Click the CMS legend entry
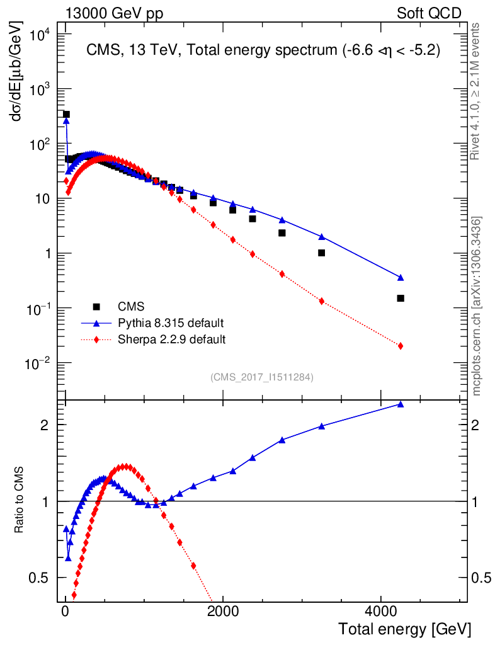click(131, 307)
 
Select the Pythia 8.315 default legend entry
click(171, 323)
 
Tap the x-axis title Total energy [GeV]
click(404, 629)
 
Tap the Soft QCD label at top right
click(429, 13)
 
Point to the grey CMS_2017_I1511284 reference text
click(262, 377)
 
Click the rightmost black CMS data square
click(401, 298)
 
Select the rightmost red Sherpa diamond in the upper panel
click(401, 346)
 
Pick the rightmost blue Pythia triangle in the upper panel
click(401, 277)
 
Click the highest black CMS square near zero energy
click(66, 114)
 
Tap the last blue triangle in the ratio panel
click(401, 404)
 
